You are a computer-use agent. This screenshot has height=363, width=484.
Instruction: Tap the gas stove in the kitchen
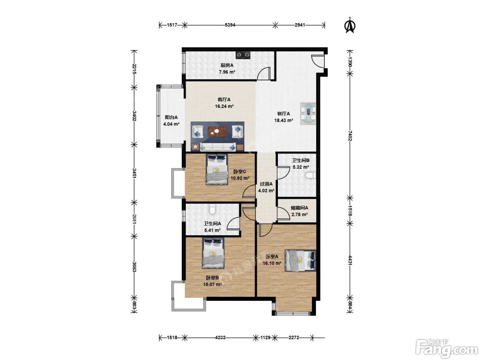243,55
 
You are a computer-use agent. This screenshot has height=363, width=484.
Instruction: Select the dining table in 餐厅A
308,114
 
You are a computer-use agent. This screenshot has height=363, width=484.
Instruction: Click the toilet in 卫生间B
310,175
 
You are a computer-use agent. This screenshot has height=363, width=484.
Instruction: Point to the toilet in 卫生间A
212,210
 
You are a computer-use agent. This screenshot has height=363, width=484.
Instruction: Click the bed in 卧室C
217,169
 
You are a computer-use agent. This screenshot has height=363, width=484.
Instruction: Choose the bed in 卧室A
300,260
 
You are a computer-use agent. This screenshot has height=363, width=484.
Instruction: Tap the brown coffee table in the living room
217,132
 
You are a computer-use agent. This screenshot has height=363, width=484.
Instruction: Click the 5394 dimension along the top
230,25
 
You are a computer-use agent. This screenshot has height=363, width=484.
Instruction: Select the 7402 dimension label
350,136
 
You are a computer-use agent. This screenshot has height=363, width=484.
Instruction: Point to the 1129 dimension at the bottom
265,337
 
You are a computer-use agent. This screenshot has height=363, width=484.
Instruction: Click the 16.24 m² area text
224,106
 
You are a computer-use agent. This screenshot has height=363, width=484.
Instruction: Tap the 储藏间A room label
299,208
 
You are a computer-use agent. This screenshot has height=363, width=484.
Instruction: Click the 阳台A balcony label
171,117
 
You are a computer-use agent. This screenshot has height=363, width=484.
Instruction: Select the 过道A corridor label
266,184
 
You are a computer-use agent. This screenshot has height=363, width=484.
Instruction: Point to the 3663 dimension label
134,267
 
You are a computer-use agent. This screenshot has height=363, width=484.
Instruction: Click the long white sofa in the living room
218,147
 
